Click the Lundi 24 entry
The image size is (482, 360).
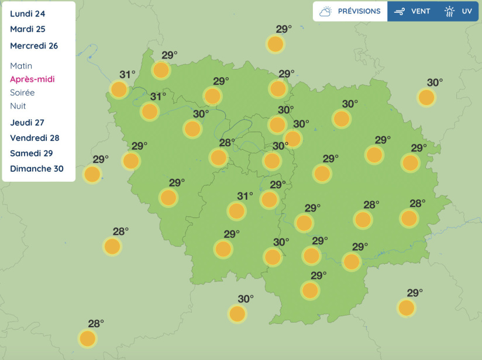tap(27, 13)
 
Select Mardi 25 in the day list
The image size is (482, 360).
tap(27, 29)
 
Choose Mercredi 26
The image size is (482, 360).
tap(34, 46)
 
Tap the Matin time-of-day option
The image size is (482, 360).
tap(21, 66)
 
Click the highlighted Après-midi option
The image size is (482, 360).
tap(32, 79)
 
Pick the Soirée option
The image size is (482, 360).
tap(22, 92)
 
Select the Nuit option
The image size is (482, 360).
tap(18, 106)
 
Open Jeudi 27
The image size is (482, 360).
tap(27, 123)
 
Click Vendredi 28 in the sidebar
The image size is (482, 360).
tap(35, 138)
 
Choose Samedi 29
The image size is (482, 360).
tap(32, 153)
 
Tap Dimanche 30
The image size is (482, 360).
tap(37, 169)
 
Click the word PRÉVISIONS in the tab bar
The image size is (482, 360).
tap(359, 11)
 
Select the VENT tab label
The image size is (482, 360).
tap(421, 11)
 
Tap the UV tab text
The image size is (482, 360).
tap(467, 11)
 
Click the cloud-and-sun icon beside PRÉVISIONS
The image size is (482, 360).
tap(326, 11)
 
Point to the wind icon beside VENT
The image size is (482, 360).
tap(400, 11)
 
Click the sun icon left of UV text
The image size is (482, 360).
tap(449, 11)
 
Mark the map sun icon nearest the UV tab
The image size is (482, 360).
tap(427, 98)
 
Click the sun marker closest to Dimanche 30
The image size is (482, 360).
tap(92, 174)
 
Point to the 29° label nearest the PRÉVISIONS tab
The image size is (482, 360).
tap(284, 29)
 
